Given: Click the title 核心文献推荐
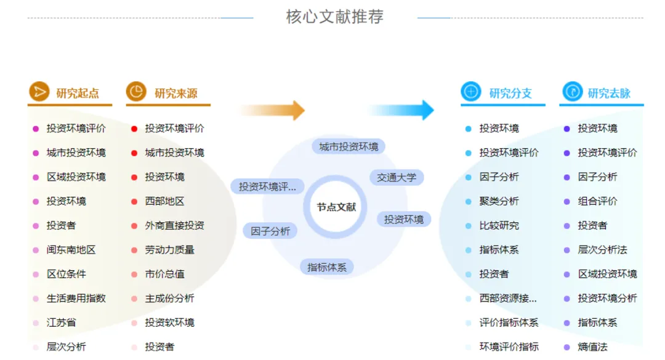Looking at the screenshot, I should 334,17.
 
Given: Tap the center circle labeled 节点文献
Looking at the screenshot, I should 336,207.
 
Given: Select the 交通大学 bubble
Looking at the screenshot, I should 397,178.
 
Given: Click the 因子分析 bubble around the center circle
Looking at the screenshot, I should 270,231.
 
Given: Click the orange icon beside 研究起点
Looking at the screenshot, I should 39,92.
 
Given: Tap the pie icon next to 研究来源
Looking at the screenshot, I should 136,92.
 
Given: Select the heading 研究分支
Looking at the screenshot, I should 510,94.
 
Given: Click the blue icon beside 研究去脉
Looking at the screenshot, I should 572,92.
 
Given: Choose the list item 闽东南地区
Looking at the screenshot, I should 71,250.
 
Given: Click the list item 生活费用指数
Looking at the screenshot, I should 76,298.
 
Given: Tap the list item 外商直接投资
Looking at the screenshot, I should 174,226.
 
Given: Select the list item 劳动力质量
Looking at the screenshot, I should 169,250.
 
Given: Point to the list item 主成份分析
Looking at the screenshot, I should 169,298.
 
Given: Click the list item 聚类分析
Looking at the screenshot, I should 499,201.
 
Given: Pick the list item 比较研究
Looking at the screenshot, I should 499,226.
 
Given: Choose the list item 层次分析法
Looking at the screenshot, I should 602,250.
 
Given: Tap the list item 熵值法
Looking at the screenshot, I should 592,347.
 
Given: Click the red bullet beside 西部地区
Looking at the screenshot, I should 134,201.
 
